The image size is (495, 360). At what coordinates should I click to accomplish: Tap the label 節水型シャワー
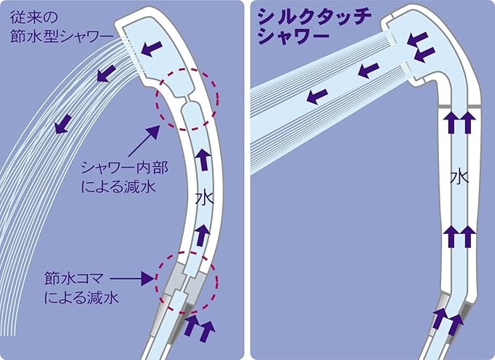coord(62,36)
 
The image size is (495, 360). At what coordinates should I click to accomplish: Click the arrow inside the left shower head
coord(152,48)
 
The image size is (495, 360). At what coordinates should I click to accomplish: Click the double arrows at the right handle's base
coord(448,318)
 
